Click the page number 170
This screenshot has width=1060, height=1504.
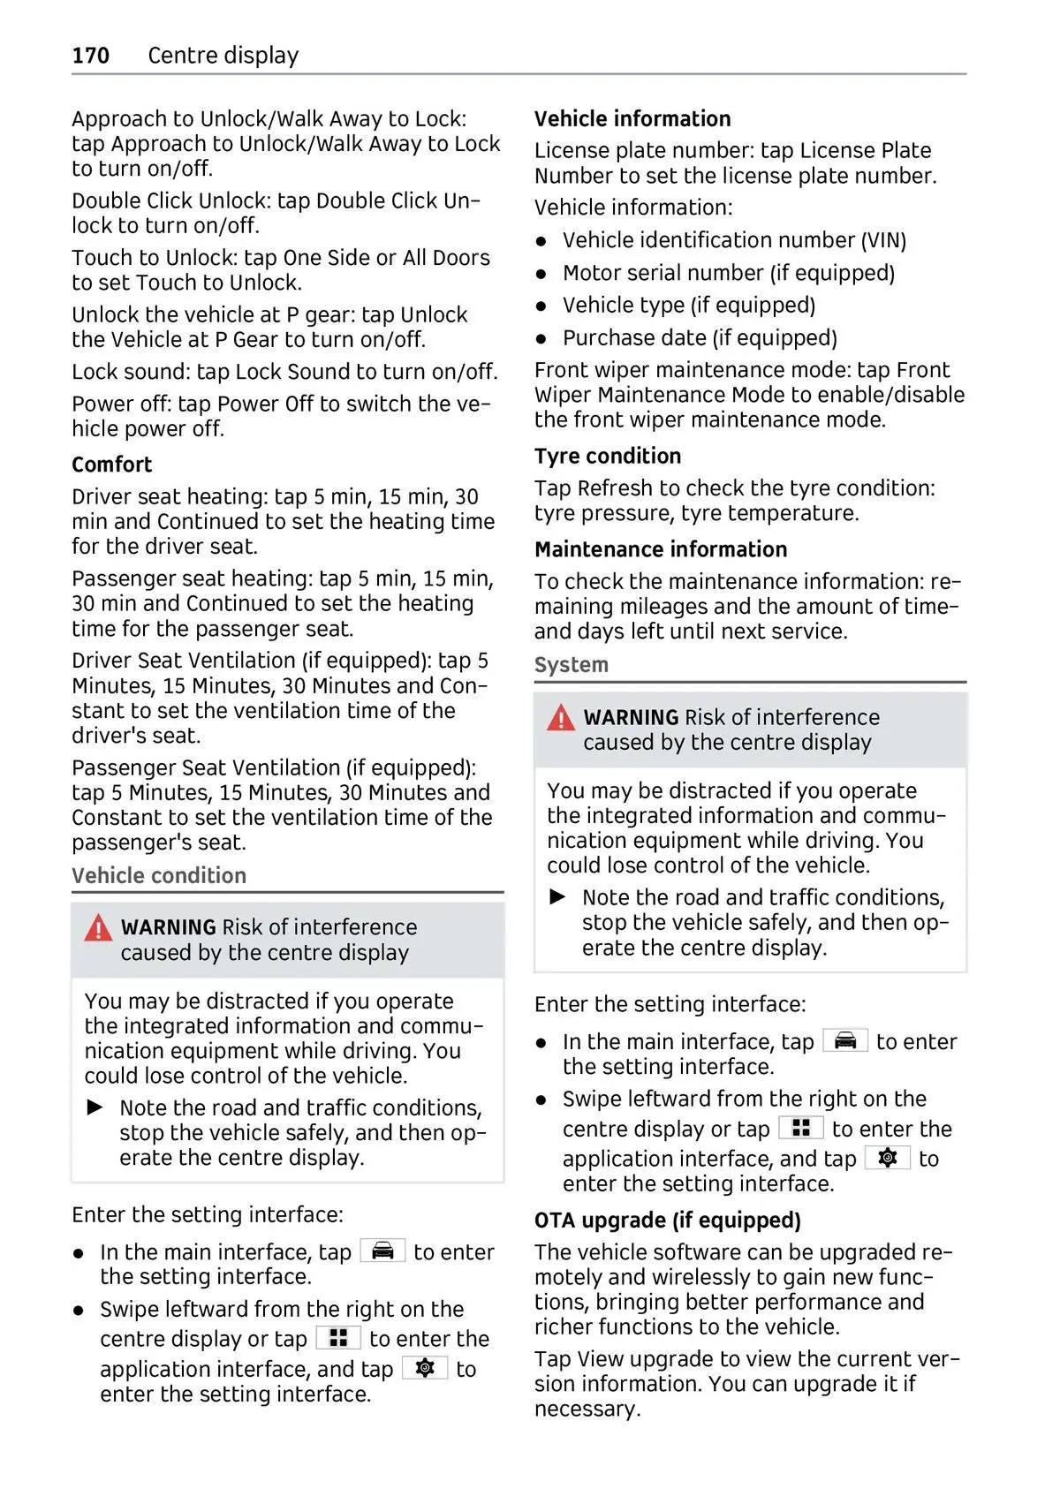[x=90, y=56]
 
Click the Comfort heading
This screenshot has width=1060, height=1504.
[x=111, y=465]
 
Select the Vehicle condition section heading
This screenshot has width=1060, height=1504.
[x=159, y=875]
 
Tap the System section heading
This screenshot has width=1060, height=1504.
[x=571, y=665]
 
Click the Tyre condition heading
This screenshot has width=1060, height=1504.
[x=608, y=456]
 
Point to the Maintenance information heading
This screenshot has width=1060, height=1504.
[x=660, y=549]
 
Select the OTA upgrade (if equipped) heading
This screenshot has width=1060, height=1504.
[x=667, y=1220]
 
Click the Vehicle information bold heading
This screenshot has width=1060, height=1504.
[x=632, y=119]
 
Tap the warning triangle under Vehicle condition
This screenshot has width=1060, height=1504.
[x=98, y=928]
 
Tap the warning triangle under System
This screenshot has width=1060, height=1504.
[x=561, y=718]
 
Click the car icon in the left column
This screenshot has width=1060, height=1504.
[x=382, y=1251]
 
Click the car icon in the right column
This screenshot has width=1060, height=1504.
[x=845, y=1040]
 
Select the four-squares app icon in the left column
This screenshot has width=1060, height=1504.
[x=338, y=1338]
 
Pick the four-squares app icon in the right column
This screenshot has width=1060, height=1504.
[x=801, y=1128]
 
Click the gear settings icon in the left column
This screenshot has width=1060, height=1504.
[x=425, y=1368]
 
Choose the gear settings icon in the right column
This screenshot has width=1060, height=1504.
[x=888, y=1158]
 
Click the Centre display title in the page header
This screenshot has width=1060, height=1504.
[x=223, y=56]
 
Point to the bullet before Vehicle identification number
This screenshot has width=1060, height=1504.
[x=541, y=241]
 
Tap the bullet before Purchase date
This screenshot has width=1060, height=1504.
[x=541, y=339]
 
